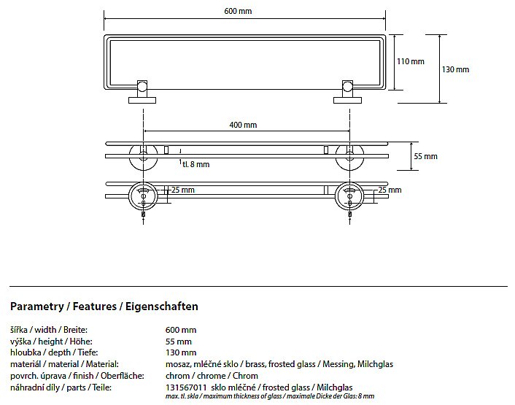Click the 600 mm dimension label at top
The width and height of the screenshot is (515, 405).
pos(238,11)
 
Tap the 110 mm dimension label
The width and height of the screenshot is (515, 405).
pos(411,61)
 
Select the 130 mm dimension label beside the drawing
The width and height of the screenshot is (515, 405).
pos(455,69)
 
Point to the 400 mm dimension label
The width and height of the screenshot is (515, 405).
pos(243,125)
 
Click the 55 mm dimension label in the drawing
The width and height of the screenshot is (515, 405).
pos(426,156)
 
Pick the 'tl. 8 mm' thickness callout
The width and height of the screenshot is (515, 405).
pos(195,164)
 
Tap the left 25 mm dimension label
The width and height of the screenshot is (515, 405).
pos(183,190)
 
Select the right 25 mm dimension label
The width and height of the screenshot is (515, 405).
pos(390,190)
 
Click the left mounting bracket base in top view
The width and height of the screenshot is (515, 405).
pos(142,100)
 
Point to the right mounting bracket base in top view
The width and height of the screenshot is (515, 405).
pos(347,100)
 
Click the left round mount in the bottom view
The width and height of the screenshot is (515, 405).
pos(143,196)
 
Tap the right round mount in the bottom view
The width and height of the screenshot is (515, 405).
pos(349,196)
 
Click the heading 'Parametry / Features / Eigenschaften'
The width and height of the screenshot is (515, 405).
pos(104,306)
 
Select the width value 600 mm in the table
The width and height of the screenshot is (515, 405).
pos(181,330)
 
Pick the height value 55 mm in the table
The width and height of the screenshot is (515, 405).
pos(178,342)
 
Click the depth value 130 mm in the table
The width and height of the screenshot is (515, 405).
pos(181,352)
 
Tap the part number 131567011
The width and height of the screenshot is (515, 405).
pos(186,387)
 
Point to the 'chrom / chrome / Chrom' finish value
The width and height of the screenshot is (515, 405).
pos(212,376)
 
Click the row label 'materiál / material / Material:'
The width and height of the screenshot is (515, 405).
pos(64,364)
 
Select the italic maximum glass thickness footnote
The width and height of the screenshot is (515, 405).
pos(270,396)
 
